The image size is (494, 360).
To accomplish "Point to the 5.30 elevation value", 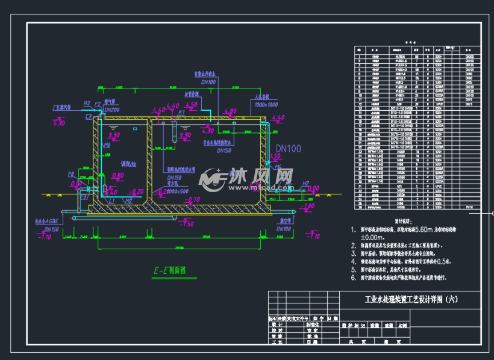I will [x=59, y=123].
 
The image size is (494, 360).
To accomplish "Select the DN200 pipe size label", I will [x=112, y=110].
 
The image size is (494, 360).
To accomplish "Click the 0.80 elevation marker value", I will [x=118, y=175].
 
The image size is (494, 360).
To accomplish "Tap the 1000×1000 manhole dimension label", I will [x=265, y=104].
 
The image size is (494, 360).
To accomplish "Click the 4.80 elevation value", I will [x=230, y=111].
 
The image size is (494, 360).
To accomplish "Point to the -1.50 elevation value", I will [x=187, y=223].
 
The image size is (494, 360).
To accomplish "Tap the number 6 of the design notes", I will [x=353, y=278].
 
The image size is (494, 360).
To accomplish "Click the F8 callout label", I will [x=71, y=174].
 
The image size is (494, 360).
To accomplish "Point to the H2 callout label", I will [x=305, y=183].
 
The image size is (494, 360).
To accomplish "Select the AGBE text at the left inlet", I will [x=51, y=221].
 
